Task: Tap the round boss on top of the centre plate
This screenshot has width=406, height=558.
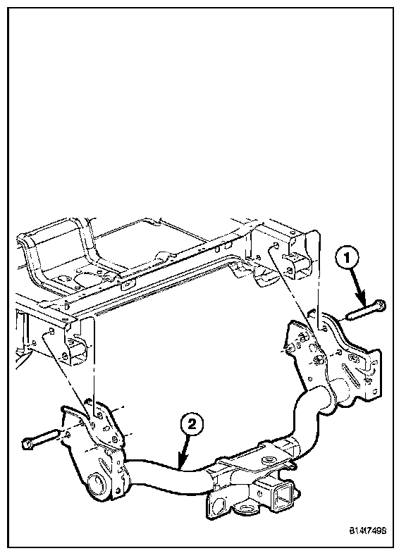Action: pyautogui.click(x=267, y=460)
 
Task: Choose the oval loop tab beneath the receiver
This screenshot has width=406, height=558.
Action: pyautogui.click(x=245, y=508)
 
